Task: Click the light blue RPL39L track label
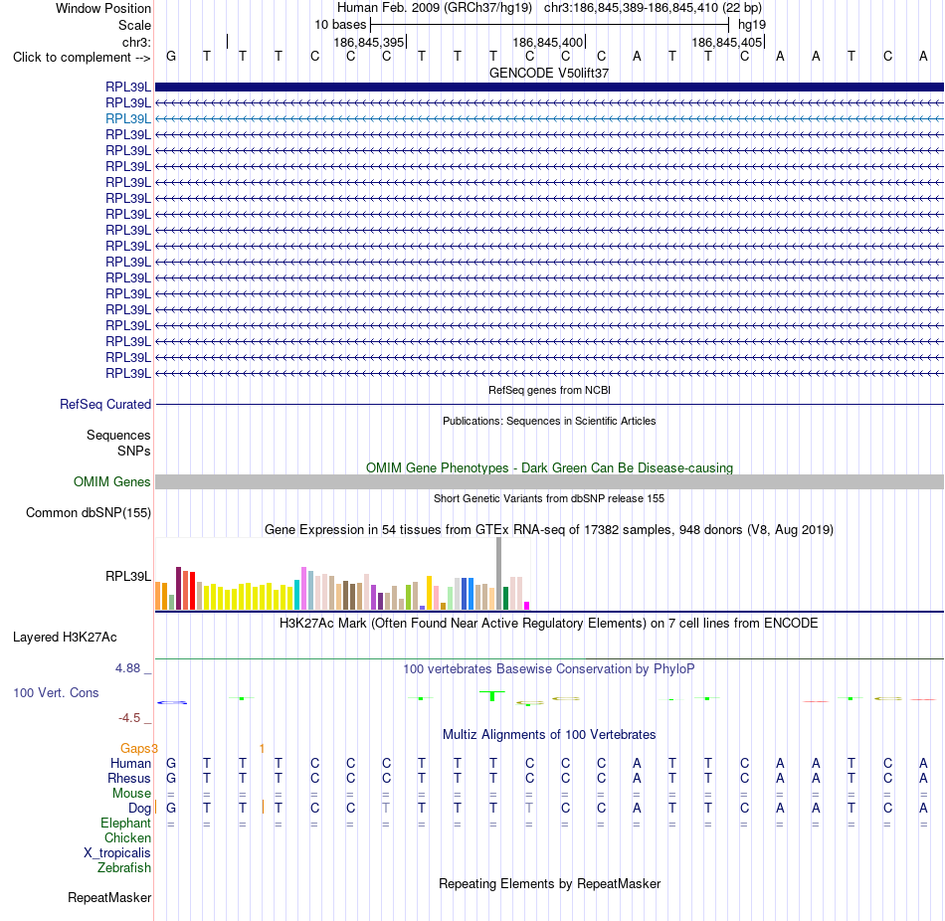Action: [x=128, y=118]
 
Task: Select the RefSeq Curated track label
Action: [x=105, y=405]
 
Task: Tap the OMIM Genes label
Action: [x=112, y=481]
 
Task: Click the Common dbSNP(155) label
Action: [x=89, y=513]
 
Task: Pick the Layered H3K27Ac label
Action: [x=65, y=638]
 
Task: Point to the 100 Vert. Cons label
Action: [x=56, y=692]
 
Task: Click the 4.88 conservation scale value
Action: [x=127, y=667]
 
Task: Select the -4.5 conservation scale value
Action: [x=129, y=718]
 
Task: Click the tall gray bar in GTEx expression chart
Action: [x=499, y=573]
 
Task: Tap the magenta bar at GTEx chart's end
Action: [x=527, y=606]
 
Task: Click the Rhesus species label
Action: [x=129, y=778]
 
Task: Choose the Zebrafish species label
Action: [x=124, y=868]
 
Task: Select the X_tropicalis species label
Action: [x=117, y=853]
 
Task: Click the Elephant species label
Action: [x=126, y=823]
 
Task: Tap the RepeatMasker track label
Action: [x=109, y=897]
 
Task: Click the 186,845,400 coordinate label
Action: [x=548, y=42]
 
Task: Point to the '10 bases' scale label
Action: [x=340, y=25]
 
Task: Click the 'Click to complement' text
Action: [x=73, y=58]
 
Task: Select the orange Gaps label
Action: [x=135, y=748]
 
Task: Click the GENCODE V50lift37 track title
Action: [x=549, y=73]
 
